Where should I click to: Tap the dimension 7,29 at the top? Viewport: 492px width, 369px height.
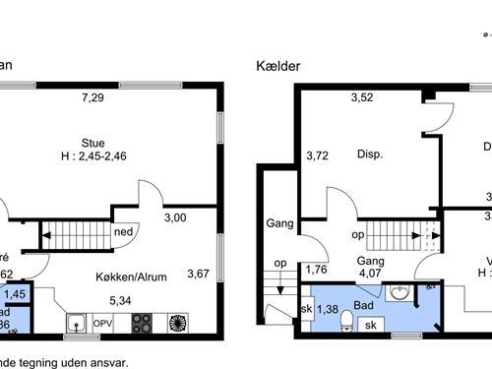click(92, 97)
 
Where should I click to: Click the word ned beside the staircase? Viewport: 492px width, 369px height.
click(124, 233)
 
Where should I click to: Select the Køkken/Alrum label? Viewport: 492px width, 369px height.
click(131, 277)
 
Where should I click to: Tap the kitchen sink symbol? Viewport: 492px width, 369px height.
click(77, 323)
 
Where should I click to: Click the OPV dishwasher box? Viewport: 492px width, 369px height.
click(103, 323)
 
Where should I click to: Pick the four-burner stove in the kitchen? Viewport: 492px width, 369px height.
click(142, 323)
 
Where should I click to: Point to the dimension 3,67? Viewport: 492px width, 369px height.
click(199, 274)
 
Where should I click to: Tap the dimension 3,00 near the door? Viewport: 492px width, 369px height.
click(175, 217)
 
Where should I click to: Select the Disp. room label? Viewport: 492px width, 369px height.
click(370, 154)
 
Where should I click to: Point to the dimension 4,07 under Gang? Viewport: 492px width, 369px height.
click(370, 275)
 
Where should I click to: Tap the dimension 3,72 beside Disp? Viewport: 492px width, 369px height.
click(317, 155)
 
